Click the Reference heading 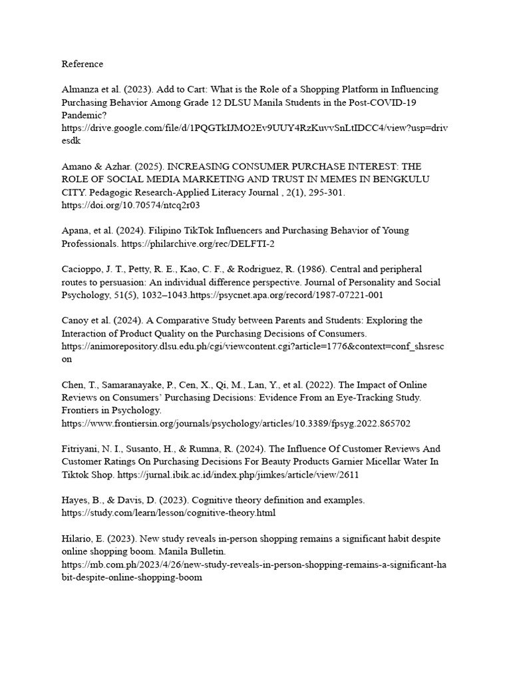[x=83, y=64]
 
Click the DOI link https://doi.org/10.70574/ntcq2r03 [x=130, y=205]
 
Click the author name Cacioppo [x=83, y=269]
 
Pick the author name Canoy [x=77, y=320]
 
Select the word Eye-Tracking [x=349, y=397]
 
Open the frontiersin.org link [x=236, y=422]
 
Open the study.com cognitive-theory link [x=168, y=513]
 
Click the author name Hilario [x=79, y=538]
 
